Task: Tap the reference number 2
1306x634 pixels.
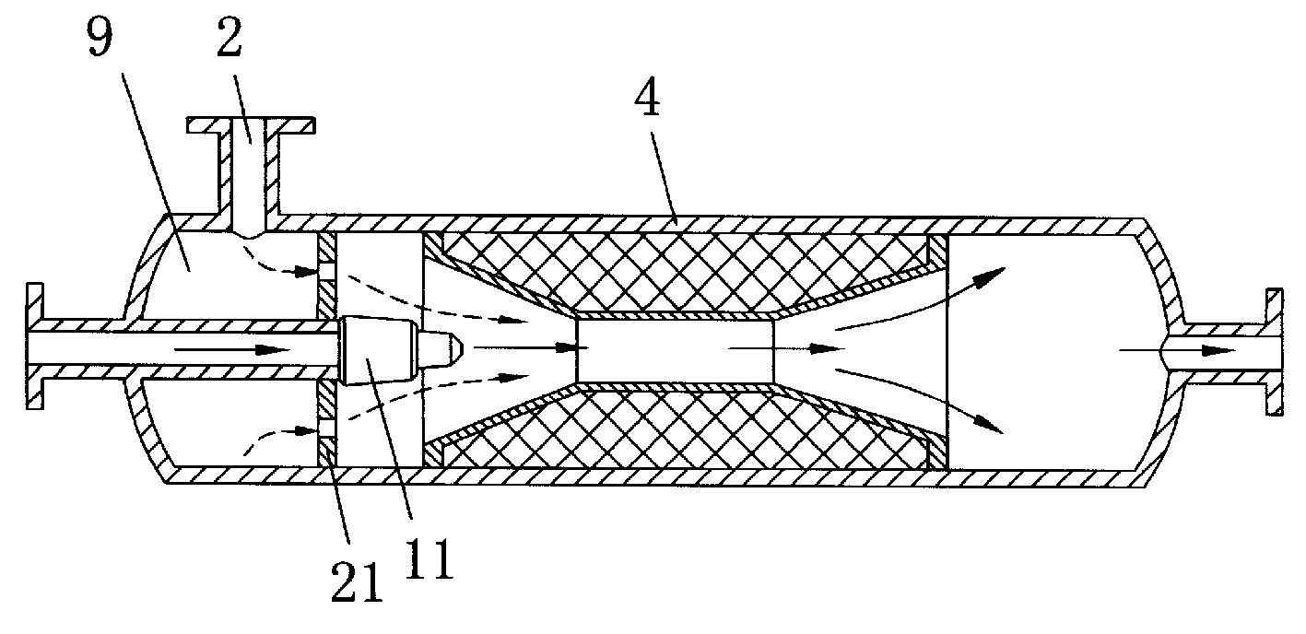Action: (x=229, y=38)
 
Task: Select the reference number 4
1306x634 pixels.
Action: (x=647, y=96)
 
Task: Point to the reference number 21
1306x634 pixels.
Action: (x=357, y=582)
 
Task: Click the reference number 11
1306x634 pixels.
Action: (x=429, y=558)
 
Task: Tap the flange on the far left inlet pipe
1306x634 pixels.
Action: (x=35, y=346)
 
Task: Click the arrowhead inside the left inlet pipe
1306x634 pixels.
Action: (x=273, y=350)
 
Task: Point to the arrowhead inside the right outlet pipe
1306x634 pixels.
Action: (x=1218, y=351)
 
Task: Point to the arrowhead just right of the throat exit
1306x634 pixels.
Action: (x=827, y=349)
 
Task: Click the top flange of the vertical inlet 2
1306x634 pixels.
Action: (x=251, y=124)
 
